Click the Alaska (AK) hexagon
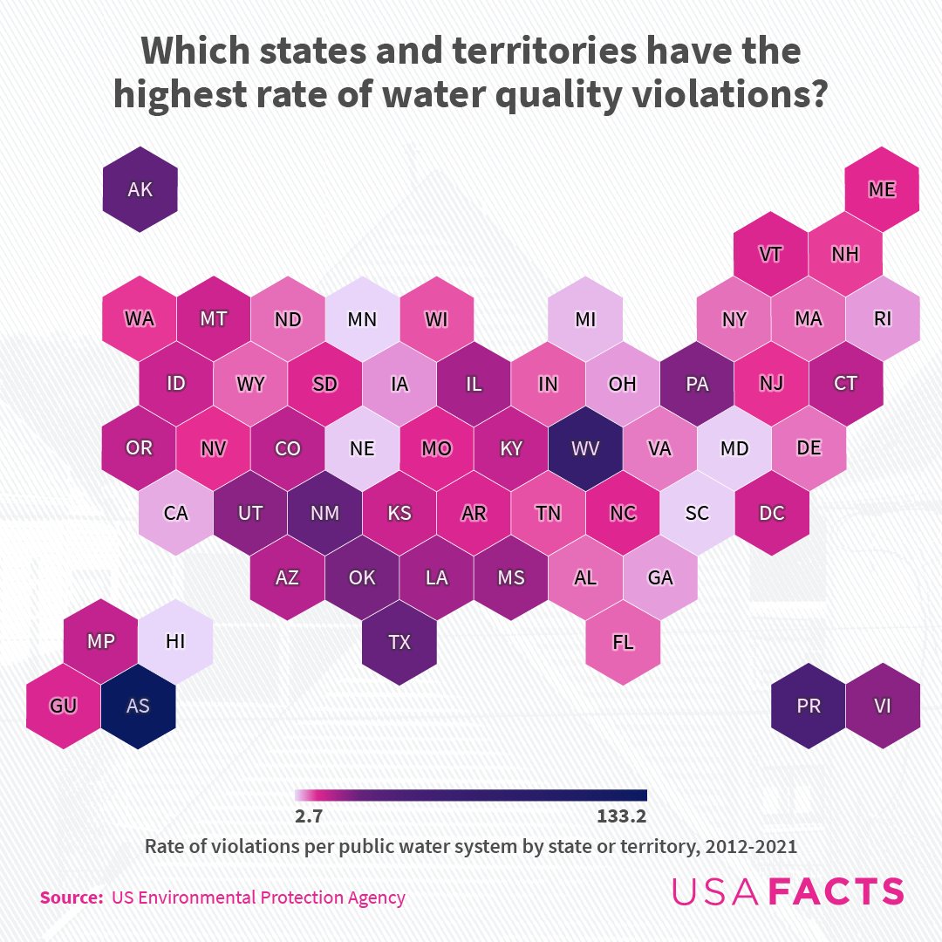[140, 189]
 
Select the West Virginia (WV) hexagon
[585, 448]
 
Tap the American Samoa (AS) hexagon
[138, 706]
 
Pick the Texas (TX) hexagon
[399, 642]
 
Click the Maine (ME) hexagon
[882, 189]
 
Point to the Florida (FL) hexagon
[623, 642]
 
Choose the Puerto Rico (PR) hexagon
[809, 706]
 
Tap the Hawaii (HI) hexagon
[175, 641]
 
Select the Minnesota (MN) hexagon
[362, 319]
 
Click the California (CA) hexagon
[175, 513]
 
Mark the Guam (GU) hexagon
[63, 706]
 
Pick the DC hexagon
[772, 513]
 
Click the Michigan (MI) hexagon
[585, 319]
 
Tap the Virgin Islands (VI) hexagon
[883, 706]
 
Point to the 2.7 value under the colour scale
[311, 817]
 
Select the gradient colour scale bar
[471, 795]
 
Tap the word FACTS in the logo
[838, 891]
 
